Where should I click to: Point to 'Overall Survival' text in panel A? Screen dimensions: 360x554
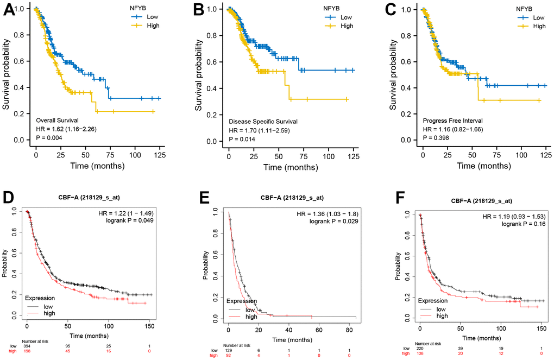click(58, 119)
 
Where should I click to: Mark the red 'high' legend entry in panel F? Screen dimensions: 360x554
click(442, 315)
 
